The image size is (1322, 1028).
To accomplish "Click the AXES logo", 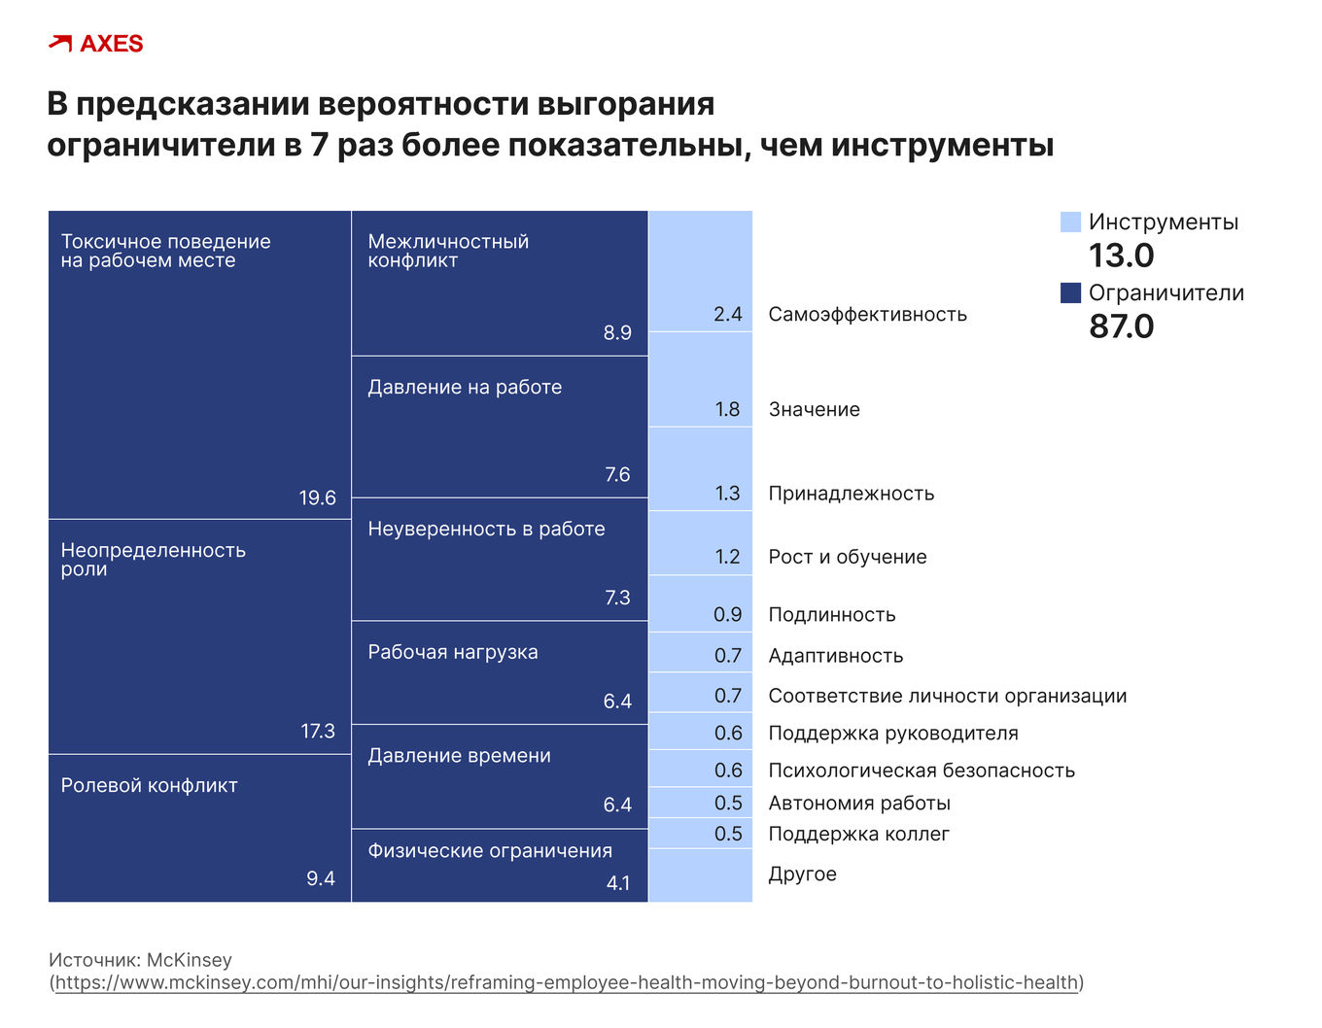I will (x=95, y=44).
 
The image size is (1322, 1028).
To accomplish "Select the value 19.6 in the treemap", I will (x=317, y=498).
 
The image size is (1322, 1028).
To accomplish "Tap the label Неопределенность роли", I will (x=153, y=559).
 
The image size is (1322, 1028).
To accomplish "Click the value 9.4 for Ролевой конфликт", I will (x=320, y=878).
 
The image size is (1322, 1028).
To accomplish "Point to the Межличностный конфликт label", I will (x=447, y=251).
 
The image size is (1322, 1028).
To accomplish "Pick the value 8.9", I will (x=617, y=332).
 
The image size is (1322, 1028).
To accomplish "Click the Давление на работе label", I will (x=465, y=387).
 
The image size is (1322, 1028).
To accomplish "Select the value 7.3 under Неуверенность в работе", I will (x=617, y=598).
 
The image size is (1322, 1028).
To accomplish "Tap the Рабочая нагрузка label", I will (x=452, y=652).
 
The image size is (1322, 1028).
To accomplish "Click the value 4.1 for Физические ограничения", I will (x=618, y=883).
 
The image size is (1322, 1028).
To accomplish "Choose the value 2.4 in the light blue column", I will (x=727, y=314).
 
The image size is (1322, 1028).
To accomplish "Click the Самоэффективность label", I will (x=867, y=314).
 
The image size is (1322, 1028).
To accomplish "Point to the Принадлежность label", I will (x=851, y=494).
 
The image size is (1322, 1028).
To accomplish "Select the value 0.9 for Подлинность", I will (x=727, y=615).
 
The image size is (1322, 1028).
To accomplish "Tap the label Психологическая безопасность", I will (x=922, y=771).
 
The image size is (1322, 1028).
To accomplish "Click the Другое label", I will (x=802, y=874).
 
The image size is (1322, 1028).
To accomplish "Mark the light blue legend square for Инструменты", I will (x=1070, y=223).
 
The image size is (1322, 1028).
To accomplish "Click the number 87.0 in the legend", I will (x=1121, y=326).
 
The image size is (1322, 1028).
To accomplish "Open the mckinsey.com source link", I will (x=567, y=982).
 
